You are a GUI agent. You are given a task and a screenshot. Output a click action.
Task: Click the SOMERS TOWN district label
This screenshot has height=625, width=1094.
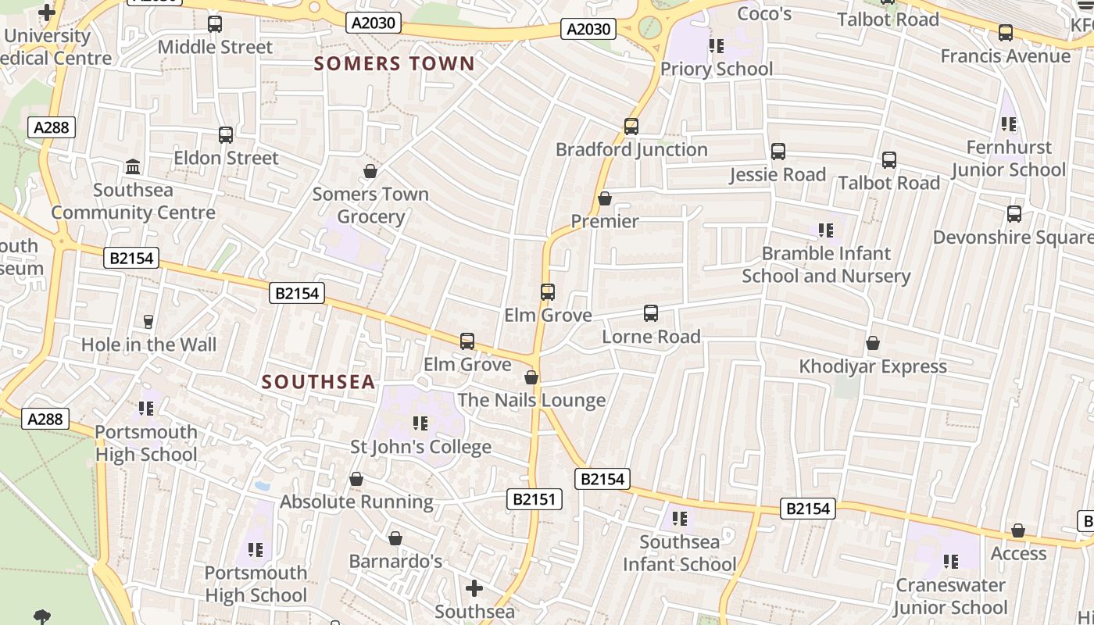(395, 64)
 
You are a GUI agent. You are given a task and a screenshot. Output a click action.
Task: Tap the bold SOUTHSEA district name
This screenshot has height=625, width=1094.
(319, 382)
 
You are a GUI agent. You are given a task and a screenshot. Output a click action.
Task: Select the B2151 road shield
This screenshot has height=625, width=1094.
(535, 499)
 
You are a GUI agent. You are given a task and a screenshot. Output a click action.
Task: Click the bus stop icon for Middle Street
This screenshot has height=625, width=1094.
(215, 24)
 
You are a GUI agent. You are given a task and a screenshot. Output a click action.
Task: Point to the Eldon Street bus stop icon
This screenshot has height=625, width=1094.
(226, 135)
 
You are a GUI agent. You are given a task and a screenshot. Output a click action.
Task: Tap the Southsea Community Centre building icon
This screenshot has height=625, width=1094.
(133, 167)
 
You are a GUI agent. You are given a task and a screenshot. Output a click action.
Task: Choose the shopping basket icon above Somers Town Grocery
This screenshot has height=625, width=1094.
(370, 171)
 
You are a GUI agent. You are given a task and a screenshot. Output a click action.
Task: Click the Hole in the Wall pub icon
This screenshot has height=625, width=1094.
(148, 321)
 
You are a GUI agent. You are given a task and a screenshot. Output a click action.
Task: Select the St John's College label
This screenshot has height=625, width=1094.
(420, 447)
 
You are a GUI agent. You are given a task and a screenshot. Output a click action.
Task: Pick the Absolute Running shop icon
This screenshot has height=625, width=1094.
(356, 479)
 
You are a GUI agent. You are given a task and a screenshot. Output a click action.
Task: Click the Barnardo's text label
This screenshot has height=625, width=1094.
(395, 561)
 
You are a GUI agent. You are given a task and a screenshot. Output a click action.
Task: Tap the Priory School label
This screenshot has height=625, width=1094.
(717, 69)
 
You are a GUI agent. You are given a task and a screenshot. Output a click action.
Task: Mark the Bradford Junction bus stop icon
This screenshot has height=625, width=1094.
(631, 127)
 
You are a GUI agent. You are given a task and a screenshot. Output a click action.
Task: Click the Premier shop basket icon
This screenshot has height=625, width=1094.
(605, 198)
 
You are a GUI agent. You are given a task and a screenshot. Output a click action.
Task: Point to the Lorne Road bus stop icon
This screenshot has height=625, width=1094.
(651, 313)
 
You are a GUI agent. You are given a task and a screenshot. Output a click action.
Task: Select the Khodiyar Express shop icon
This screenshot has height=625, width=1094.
(873, 343)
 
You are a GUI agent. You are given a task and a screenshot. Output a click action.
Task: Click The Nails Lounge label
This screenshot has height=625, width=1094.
(531, 400)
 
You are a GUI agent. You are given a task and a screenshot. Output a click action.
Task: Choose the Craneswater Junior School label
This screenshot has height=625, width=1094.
(950, 596)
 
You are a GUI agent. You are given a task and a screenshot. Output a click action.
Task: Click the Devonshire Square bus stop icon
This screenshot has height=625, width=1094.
(1014, 214)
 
